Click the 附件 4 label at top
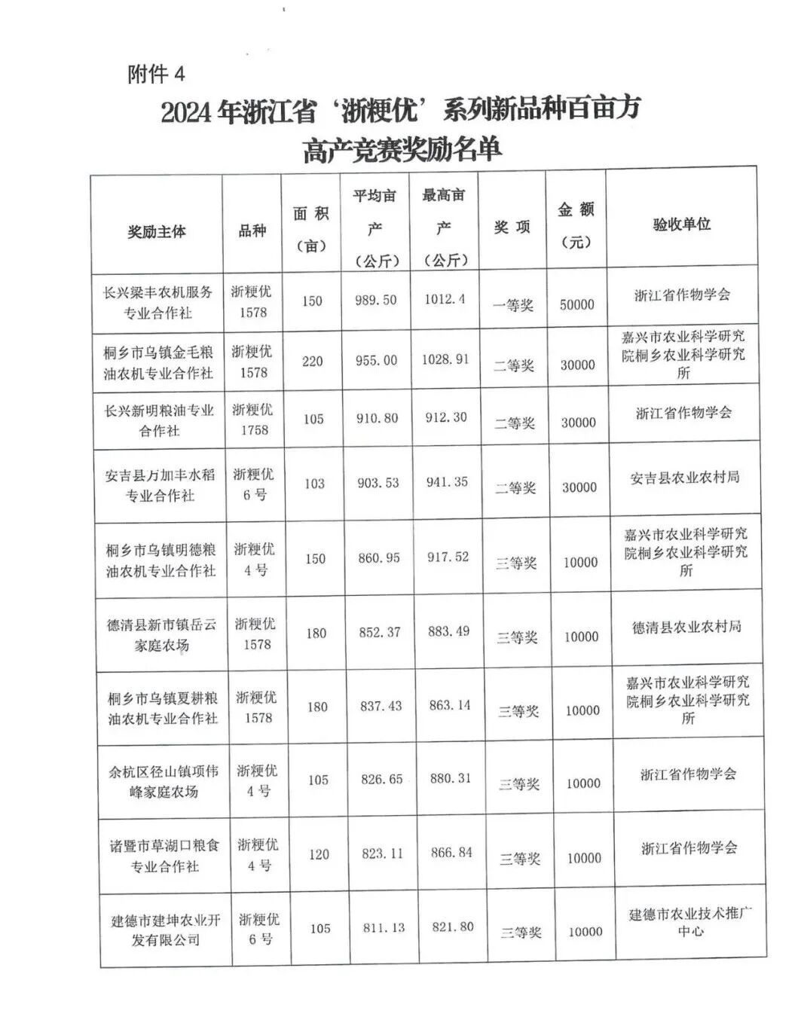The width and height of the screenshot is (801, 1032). click(156, 74)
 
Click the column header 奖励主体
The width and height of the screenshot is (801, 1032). click(157, 231)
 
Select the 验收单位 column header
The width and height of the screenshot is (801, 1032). click(681, 224)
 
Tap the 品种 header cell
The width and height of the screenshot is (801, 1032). click(252, 231)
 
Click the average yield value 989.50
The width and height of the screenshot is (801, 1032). click(375, 300)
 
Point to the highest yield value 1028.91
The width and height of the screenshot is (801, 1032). click(445, 359)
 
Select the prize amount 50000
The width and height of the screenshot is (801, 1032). click(576, 304)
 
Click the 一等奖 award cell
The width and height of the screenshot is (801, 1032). click(513, 305)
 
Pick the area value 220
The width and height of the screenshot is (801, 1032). click(313, 361)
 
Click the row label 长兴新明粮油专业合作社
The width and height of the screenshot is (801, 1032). click(159, 420)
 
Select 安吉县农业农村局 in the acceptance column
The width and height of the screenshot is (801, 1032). click(685, 477)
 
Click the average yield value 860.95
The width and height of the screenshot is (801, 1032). click(378, 558)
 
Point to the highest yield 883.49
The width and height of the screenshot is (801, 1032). click(448, 631)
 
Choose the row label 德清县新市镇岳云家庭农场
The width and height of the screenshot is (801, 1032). click(161, 634)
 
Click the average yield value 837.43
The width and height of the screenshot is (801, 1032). click(381, 706)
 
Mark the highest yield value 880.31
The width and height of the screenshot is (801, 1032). click(451, 778)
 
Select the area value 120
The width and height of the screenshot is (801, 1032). click(319, 854)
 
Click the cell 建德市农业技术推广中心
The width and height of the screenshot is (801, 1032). click(690, 922)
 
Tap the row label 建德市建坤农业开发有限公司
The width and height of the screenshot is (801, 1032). click(166, 930)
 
